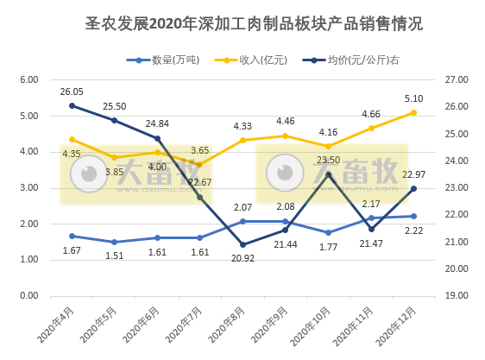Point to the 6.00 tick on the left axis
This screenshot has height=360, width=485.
tap(29, 79)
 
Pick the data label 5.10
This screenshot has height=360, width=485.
tap(413, 98)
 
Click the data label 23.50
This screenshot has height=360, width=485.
tap(328, 161)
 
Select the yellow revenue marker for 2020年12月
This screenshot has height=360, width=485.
tap(413, 112)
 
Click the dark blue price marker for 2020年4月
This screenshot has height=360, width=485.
tap(72, 106)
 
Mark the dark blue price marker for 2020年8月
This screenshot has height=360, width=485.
tap(243, 244)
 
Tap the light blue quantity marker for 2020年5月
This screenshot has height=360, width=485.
tap(114, 242)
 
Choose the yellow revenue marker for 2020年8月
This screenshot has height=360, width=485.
tap(243, 140)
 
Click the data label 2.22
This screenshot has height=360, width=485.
tap(413, 231)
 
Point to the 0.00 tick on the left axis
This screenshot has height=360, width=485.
tap(29, 295)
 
